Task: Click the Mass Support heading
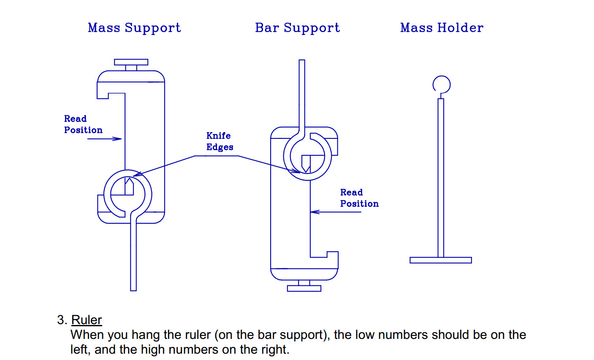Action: point(134,28)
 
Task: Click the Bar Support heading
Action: point(297,28)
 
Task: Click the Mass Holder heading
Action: point(442,28)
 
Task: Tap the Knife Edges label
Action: point(220,141)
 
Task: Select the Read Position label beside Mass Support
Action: point(83,125)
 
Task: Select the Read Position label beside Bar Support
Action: point(359,198)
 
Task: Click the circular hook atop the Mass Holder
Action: point(442,84)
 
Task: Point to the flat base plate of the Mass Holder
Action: point(440,260)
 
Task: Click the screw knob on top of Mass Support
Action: point(131,62)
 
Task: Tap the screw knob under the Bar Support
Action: point(304,288)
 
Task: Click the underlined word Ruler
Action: point(87,320)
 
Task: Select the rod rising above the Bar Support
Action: point(302,93)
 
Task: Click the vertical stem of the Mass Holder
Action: point(441,177)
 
